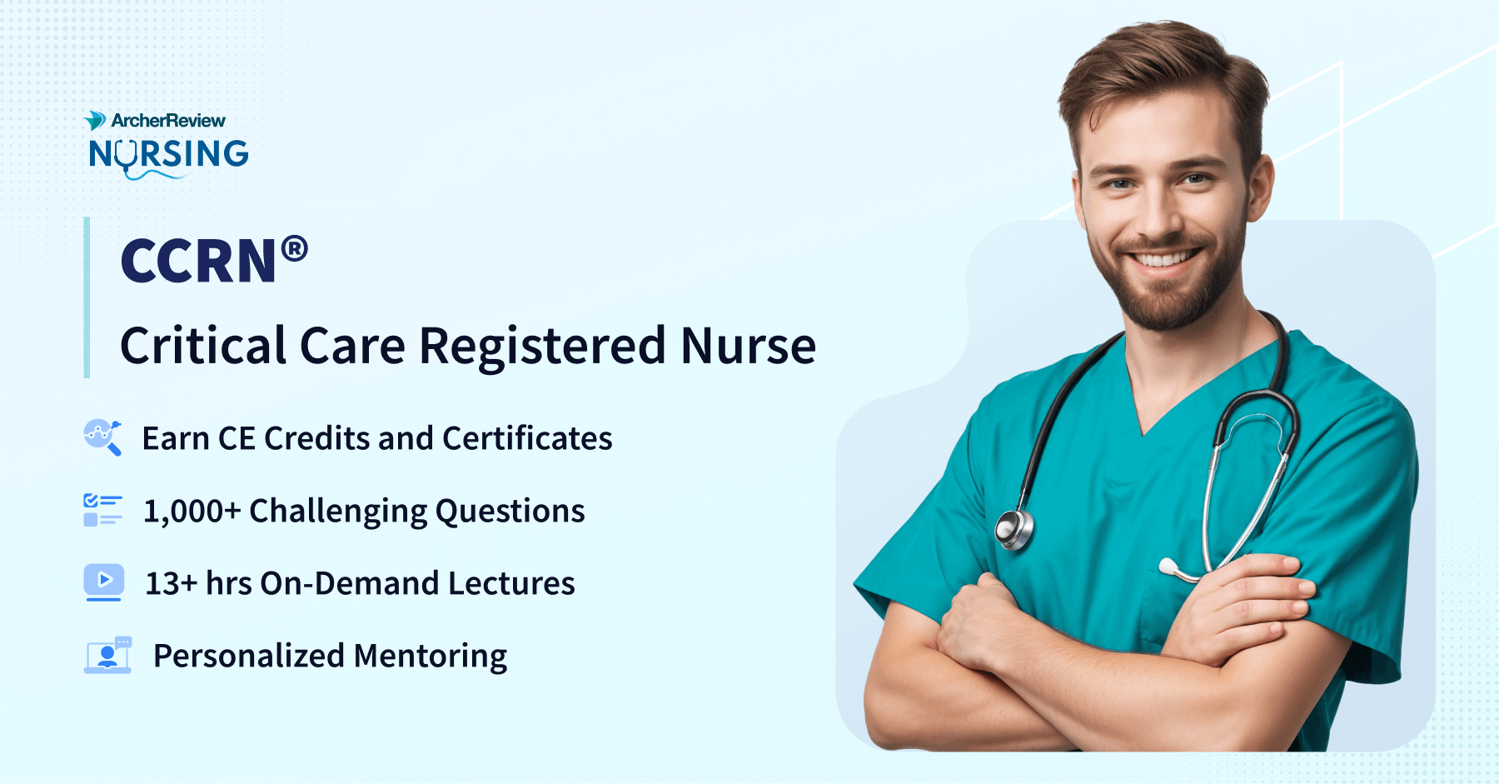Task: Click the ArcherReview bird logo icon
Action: coord(95,121)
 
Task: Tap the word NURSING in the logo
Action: coord(169,155)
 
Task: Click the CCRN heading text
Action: coord(198,262)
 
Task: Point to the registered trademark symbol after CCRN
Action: coord(295,249)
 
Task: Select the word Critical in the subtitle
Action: coord(204,346)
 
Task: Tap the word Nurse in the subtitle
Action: coord(748,347)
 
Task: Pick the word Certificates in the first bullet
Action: coord(527,438)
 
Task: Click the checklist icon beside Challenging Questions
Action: coord(102,510)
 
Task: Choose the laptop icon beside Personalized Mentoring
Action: coord(107,655)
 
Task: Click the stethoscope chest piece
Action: coord(1014,529)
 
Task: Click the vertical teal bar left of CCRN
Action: coord(87,297)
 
